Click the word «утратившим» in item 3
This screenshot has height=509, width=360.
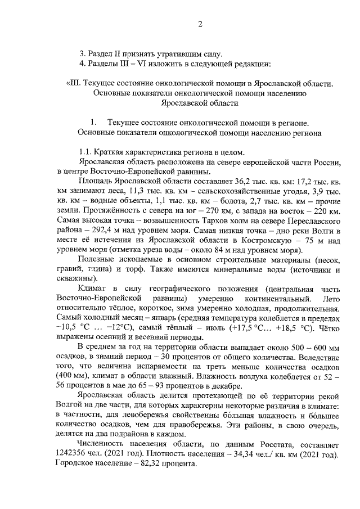(158, 54)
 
